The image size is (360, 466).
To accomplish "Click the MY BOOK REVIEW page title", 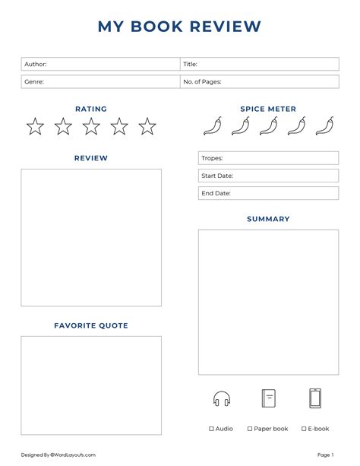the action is [179, 27].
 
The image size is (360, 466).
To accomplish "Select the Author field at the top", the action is [100, 65].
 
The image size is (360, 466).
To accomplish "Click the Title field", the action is [259, 65].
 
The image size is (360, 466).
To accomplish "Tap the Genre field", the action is [100, 81].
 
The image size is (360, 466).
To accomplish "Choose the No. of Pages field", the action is [259, 81].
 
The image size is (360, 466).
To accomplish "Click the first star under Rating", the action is [35, 126].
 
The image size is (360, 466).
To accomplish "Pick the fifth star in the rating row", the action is [147, 126].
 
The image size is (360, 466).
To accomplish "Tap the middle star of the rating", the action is [91, 126].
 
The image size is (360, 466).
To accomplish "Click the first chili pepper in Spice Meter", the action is [212, 126].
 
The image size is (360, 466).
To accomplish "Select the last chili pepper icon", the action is [324, 126].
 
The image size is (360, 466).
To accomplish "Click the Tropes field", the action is [268, 158].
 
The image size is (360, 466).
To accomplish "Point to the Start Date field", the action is [268, 176].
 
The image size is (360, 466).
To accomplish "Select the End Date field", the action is [268, 193].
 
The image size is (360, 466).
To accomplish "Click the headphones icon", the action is [222, 398].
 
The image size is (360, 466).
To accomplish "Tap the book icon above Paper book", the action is [268, 398].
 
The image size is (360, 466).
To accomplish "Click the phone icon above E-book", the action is [315, 398].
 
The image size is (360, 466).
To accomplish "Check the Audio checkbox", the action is [212, 429].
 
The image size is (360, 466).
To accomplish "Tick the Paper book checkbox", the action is [250, 429].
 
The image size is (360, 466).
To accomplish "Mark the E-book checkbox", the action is [304, 429].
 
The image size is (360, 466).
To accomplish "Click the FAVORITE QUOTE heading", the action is [91, 325].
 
